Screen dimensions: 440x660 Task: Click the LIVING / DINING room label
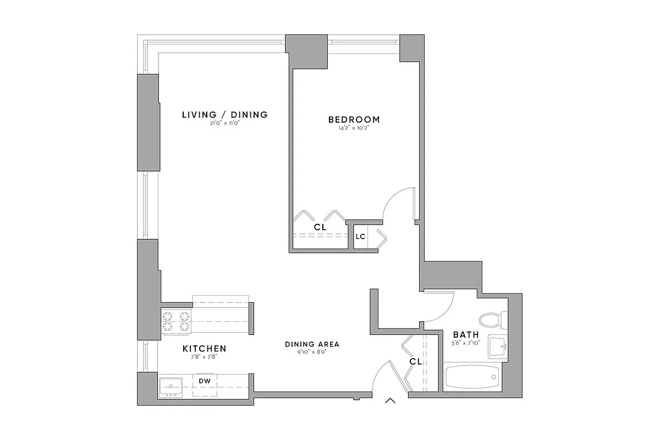[224, 115]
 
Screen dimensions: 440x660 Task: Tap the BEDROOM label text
[354, 119]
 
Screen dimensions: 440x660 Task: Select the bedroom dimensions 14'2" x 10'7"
[354, 128]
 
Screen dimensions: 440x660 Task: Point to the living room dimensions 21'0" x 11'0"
[224, 124]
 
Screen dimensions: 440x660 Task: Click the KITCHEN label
[204, 349]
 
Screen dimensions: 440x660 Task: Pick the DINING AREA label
[312, 345]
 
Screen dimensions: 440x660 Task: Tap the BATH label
[465, 334]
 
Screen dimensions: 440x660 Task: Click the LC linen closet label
[360, 237]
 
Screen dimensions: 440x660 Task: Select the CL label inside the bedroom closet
[320, 227]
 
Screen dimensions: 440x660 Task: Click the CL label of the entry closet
[415, 362]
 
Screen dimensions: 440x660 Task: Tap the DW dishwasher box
[204, 381]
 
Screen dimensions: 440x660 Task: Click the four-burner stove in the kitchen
[175, 321]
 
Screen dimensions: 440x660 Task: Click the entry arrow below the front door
[391, 401]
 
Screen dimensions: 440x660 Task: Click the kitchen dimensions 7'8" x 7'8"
[204, 357]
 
